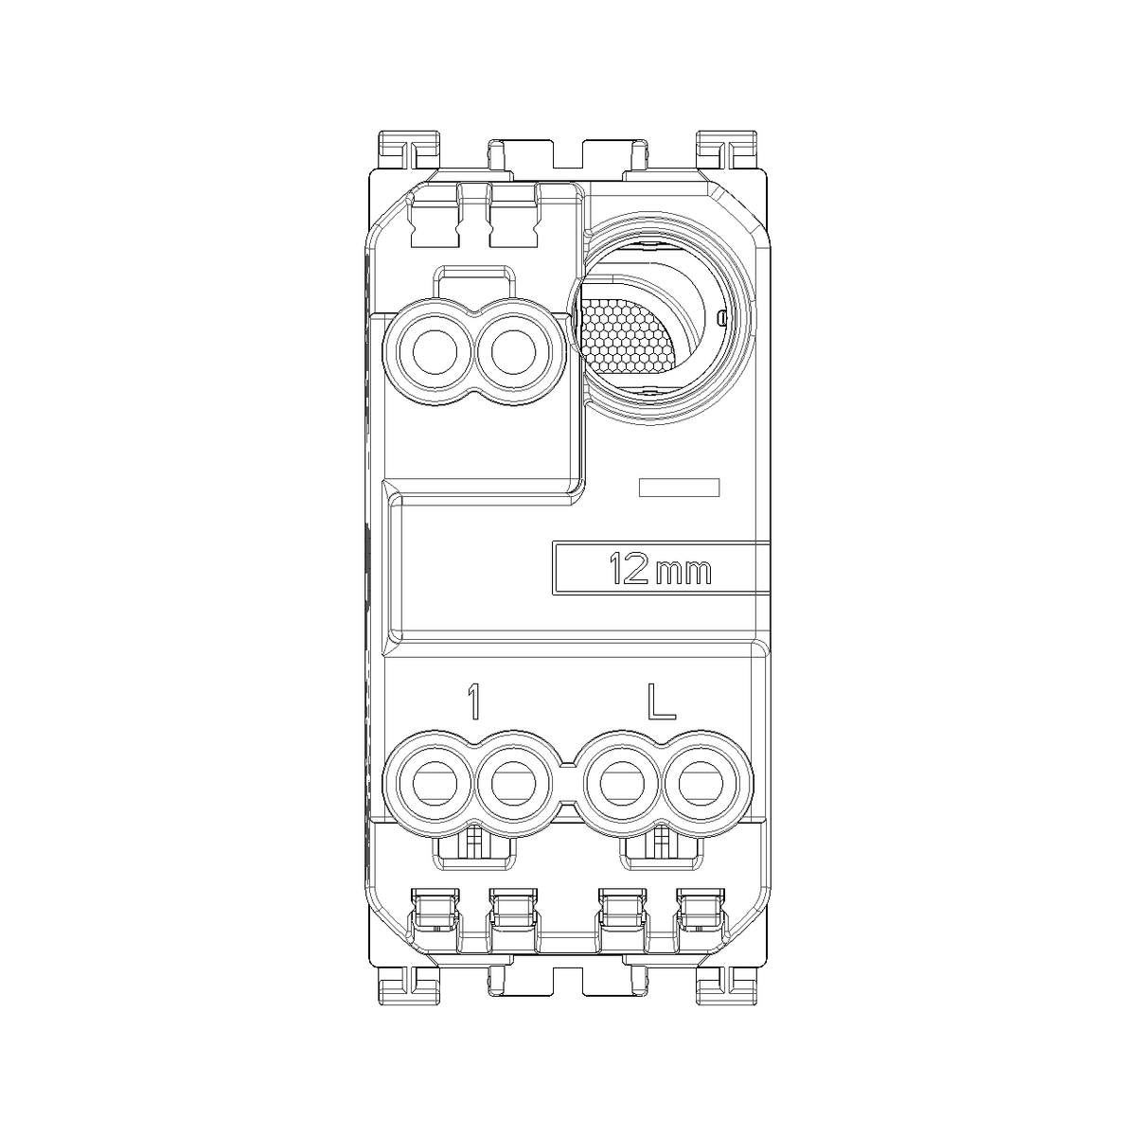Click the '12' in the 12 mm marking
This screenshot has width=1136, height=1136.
(629, 569)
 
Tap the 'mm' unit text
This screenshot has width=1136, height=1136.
(683, 573)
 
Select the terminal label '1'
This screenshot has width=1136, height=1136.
(473, 701)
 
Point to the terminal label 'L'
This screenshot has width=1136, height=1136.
(662, 701)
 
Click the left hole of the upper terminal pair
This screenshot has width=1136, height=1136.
(435, 352)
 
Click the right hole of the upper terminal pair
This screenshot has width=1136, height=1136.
(513, 352)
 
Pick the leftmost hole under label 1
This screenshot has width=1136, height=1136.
(435, 785)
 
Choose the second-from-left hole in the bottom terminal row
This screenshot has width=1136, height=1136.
(513, 785)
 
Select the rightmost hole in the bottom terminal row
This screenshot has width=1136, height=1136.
(701, 785)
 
